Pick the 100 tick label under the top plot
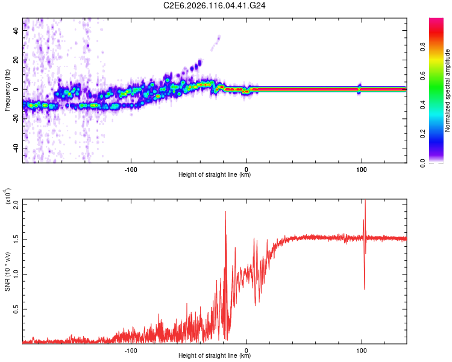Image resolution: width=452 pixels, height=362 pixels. point(362,168)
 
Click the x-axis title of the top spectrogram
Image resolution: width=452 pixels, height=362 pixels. point(215,175)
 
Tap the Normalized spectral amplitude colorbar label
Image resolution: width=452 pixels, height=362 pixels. point(447,91)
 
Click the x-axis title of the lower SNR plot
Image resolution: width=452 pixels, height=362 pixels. point(215,356)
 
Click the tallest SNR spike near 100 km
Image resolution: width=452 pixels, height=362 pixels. point(365,201)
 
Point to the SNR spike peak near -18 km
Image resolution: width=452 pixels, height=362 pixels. point(225,212)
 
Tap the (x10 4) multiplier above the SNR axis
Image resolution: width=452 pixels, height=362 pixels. point(9,197)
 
